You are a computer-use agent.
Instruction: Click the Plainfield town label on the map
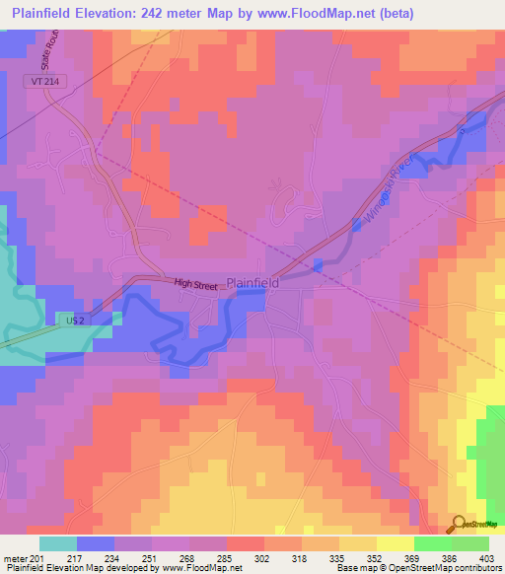252,282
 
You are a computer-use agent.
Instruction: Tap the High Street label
196,286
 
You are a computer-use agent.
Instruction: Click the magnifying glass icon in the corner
458,524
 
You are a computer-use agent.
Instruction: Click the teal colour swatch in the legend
57,543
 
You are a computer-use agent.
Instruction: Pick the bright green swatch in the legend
432,543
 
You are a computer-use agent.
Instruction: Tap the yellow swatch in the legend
395,543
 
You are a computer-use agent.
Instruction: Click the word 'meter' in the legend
15,557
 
